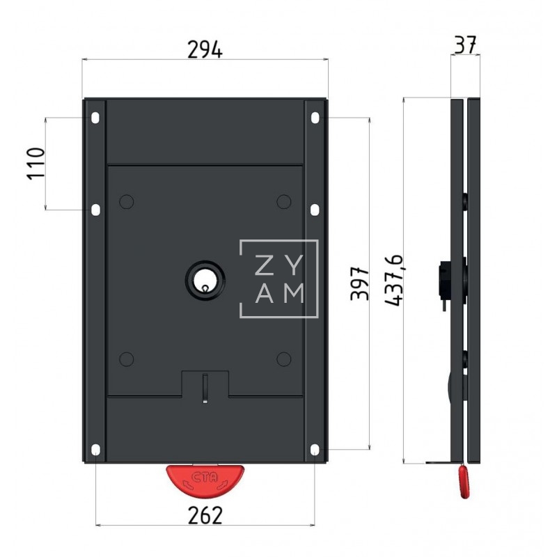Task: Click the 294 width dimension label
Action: click(205, 49)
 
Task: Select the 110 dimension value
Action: click(36, 163)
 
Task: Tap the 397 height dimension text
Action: click(359, 282)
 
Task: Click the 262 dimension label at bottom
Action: click(205, 515)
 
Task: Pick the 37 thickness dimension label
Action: click(465, 45)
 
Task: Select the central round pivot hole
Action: click(205, 281)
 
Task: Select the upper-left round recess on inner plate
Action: click(126, 202)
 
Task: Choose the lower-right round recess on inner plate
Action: click(283, 359)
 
